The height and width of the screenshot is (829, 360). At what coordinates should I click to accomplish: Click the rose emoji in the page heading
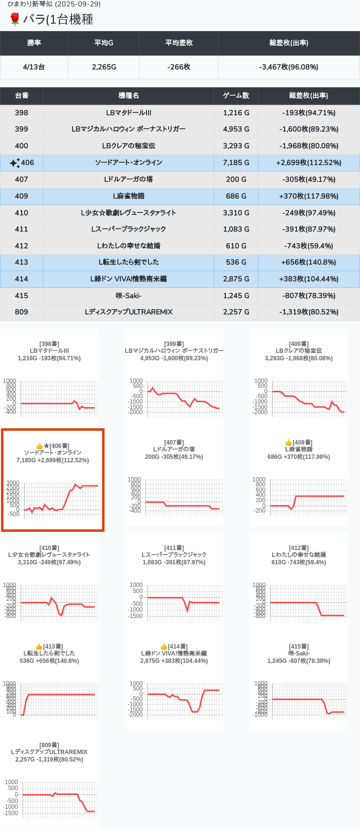(15, 19)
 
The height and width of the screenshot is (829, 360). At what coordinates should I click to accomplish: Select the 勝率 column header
(34, 43)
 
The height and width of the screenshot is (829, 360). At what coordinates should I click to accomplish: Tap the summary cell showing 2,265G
(104, 67)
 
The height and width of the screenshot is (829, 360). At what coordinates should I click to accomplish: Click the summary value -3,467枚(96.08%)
(288, 67)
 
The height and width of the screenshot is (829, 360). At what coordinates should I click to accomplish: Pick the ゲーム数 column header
(236, 96)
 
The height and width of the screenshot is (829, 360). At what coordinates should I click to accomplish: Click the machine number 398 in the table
(22, 113)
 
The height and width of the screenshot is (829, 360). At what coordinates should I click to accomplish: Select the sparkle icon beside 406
(14, 163)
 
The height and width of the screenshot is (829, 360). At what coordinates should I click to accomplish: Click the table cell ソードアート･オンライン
(128, 163)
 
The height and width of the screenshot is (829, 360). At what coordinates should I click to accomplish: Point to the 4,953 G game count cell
(236, 129)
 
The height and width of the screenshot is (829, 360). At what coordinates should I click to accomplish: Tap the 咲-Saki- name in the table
(128, 296)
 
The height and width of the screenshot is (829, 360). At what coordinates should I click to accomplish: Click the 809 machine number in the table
(22, 312)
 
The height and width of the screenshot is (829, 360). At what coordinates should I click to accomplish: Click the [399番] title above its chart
(174, 344)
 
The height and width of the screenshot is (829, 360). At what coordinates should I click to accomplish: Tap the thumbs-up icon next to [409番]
(288, 443)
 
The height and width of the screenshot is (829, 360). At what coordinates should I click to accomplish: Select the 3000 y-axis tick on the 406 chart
(13, 483)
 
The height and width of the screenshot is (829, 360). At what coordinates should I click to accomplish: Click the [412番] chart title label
(298, 548)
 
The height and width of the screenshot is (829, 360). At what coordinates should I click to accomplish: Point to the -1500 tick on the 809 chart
(11, 813)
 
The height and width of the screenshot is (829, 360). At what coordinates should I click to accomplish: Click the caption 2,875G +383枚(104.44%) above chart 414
(174, 661)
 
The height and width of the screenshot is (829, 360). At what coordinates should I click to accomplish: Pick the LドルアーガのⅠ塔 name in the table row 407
(128, 179)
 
